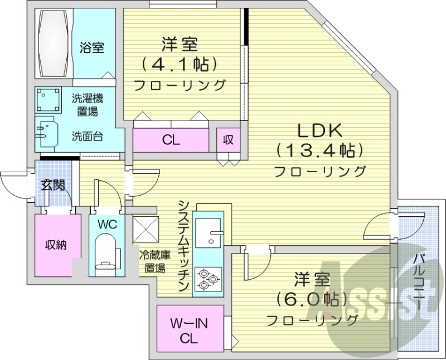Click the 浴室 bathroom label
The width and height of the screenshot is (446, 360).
[92, 48]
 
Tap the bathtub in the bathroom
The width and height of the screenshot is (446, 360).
[54, 43]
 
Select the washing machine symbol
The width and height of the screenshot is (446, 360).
[49, 101]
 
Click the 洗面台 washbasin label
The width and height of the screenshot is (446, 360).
[86, 135]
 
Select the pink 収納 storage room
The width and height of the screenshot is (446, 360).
[56, 244]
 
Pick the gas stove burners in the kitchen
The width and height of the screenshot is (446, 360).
[208, 278]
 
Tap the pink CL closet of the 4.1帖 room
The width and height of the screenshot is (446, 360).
[172, 140]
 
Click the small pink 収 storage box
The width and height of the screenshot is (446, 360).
[228, 140]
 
